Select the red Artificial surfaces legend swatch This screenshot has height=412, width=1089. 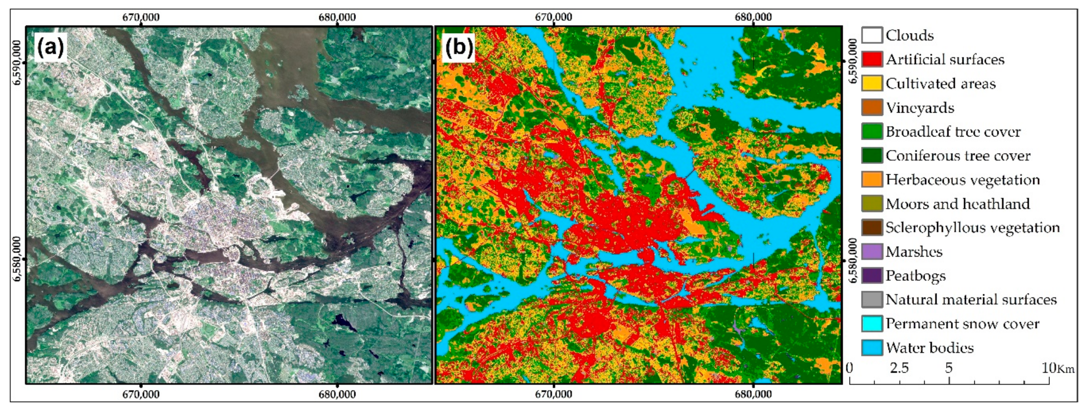pyautogui.click(x=872, y=59)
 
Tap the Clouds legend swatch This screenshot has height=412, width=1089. pyautogui.click(x=872, y=35)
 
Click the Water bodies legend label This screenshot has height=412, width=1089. pyautogui.click(x=930, y=348)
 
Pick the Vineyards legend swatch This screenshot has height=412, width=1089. pyautogui.click(x=872, y=107)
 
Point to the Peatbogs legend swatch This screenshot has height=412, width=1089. pyautogui.click(x=872, y=276)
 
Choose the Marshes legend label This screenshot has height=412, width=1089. pyautogui.click(x=914, y=252)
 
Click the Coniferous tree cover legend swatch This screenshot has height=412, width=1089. pyautogui.click(x=872, y=155)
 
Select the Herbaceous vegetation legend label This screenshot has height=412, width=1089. pyautogui.click(x=962, y=180)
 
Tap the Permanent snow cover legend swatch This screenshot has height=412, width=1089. pyautogui.click(x=872, y=324)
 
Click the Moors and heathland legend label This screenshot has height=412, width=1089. pyautogui.click(x=958, y=204)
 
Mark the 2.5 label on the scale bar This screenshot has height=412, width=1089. pyautogui.click(x=899, y=368)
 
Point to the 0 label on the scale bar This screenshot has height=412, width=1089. pyautogui.click(x=850, y=368)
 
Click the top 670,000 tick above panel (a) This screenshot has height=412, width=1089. pyautogui.click(x=141, y=17)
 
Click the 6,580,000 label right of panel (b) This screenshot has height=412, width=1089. pyautogui.click(x=853, y=260)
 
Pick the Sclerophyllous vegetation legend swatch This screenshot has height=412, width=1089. pyautogui.click(x=872, y=227)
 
